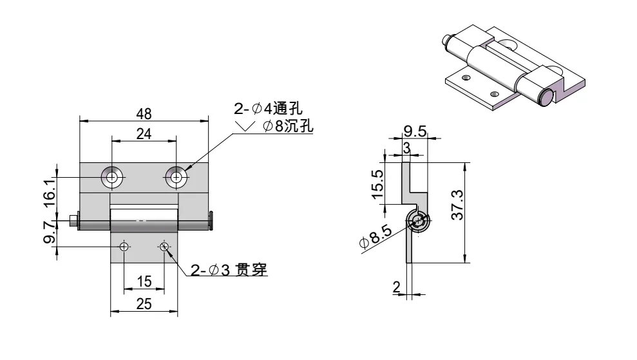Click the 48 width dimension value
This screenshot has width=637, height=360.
tap(144, 114)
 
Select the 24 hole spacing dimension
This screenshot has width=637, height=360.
tap(144, 133)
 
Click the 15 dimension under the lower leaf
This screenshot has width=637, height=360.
tap(144, 281)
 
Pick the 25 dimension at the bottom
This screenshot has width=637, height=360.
tap(144, 305)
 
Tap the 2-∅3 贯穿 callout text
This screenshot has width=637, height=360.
tap(229, 270)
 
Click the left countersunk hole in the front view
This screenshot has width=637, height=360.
tap(113, 177)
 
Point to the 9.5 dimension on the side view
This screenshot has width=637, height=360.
tap(415, 131)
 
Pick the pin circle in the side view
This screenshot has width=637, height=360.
tap(418, 222)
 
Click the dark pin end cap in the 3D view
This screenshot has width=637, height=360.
tap(545, 99)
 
